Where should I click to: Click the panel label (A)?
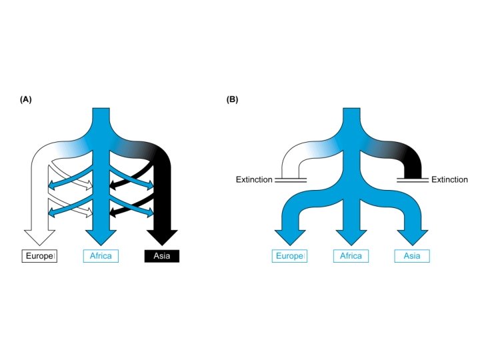coord(26,99)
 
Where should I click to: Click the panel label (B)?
coord(232,99)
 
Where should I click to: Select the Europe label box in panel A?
coord(40,256)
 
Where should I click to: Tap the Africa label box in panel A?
coord(101,256)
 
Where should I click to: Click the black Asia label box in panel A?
coord(162,256)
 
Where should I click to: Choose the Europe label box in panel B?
coord(289,256)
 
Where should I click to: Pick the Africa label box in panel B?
coord(351,256)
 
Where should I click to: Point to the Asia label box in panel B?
coord(411,256)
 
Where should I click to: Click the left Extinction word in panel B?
coord(254,180)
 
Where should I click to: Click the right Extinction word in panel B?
coord(449,180)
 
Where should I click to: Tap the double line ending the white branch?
coord(290,179)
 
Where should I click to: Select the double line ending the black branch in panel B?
coord(412,179)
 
